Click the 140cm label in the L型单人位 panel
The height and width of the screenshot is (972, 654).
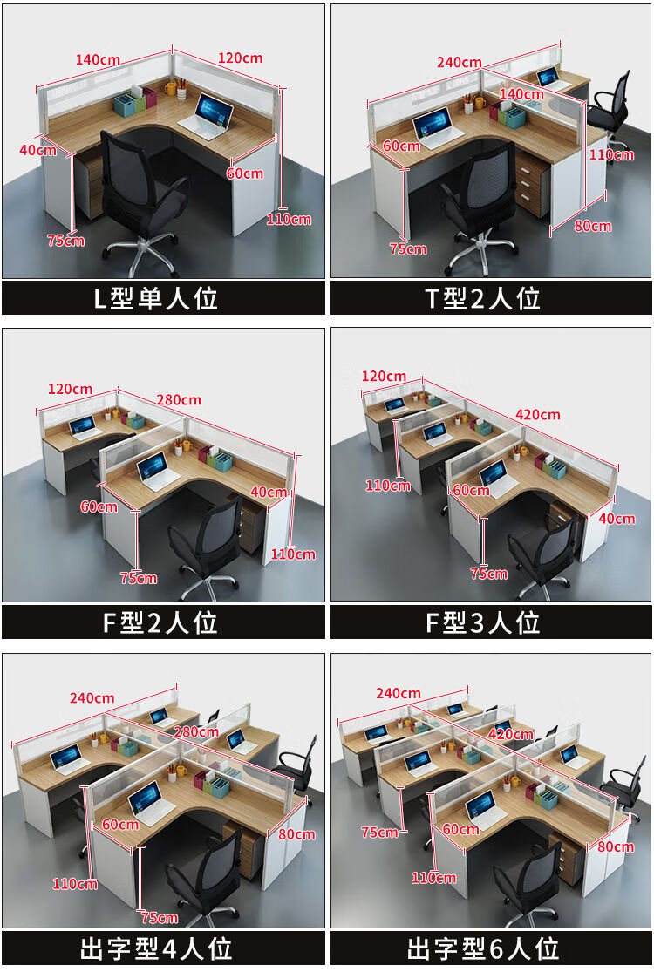click(x=98, y=59)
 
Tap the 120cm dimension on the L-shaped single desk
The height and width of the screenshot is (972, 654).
click(x=240, y=58)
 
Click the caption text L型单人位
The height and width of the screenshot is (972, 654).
click(x=156, y=298)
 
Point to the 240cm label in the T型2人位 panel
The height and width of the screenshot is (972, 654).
click(x=459, y=63)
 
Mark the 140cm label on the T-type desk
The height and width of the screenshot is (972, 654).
click(x=521, y=93)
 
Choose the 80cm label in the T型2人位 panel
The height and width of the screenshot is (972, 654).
click(x=593, y=226)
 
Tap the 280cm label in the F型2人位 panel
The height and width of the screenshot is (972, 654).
click(x=179, y=399)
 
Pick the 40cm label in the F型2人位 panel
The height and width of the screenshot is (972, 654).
click(x=269, y=492)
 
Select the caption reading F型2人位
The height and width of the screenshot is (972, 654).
click(x=160, y=622)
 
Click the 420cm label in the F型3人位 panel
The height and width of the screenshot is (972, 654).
click(x=537, y=414)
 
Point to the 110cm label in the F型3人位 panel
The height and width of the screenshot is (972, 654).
click(x=388, y=485)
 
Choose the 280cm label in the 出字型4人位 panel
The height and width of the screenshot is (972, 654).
click(x=196, y=731)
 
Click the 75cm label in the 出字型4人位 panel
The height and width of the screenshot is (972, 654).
click(x=160, y=917)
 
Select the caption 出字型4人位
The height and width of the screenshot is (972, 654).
click(x=156, y=948)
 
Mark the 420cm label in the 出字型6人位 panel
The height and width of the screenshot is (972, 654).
click(x=511, y=734)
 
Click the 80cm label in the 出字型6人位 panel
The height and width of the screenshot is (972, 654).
click(x=616, y=846)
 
